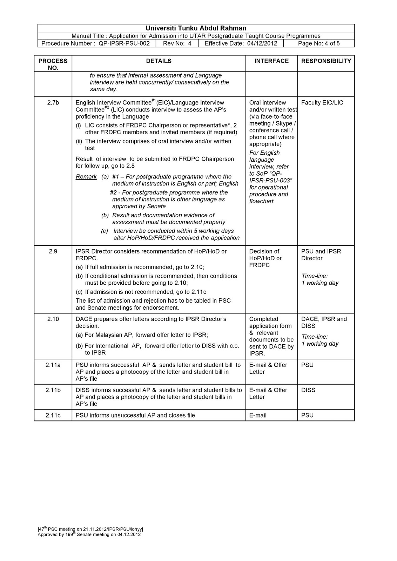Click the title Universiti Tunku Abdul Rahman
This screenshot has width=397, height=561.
point(196,28)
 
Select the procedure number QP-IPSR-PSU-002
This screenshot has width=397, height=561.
point(125,43)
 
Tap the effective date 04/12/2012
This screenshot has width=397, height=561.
point(262,43)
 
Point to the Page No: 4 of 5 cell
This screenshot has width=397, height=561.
point(318,43)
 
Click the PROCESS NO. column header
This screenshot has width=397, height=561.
point(53,64)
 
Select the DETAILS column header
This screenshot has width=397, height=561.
point(159,61)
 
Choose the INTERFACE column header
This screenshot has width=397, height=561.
point(271,61)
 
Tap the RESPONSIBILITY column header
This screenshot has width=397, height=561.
point(326,61)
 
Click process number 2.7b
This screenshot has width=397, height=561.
point(53,103)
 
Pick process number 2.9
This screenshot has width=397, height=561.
point(53,251)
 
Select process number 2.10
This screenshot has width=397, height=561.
point(53,319)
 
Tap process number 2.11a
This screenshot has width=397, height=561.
point(53,365)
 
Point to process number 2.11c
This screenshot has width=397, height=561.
point(53,415)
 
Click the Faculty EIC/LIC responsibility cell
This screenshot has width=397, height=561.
point(322,103)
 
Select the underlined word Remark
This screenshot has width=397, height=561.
point(86,177)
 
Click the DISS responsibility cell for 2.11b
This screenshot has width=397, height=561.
point(308,390)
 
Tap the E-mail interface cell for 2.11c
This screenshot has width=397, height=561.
point(258,415)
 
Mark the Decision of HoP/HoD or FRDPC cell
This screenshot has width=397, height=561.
point(265,258)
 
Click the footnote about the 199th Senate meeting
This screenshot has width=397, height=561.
point(89,535)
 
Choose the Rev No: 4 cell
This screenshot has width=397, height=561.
point(177,43)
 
